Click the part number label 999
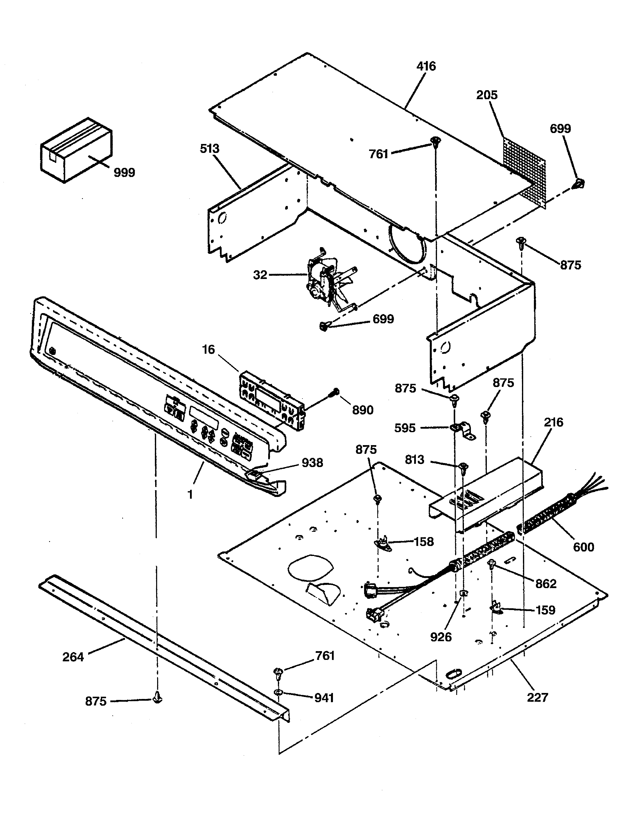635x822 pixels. tap(124, 173)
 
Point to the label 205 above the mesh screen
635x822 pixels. tap(487, 95)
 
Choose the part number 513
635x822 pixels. tap(209, 149)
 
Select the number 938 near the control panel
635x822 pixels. tap(312, 463)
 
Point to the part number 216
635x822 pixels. tap(553, 422)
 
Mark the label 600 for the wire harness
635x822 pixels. tap(583, 547)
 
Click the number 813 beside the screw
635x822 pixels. tap(415, 460)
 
